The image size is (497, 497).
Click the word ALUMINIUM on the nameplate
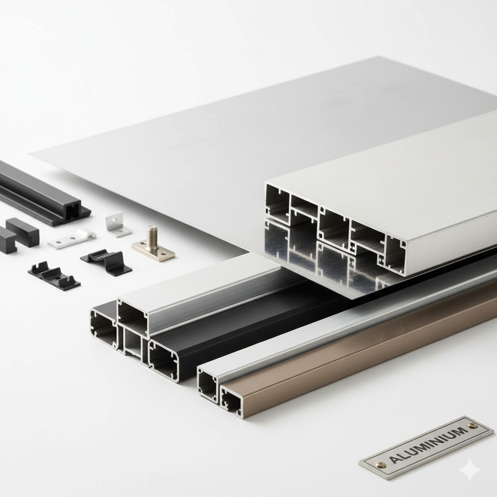coord(428,446)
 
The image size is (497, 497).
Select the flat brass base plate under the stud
coord(153,252)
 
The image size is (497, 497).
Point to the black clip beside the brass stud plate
coord(107,262)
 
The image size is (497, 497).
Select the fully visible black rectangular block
coord(22,232)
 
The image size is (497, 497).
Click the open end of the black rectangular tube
coord(164,359)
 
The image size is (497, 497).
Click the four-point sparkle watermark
coord(470,470)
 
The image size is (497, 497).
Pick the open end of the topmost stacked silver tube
coord(133,317)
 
